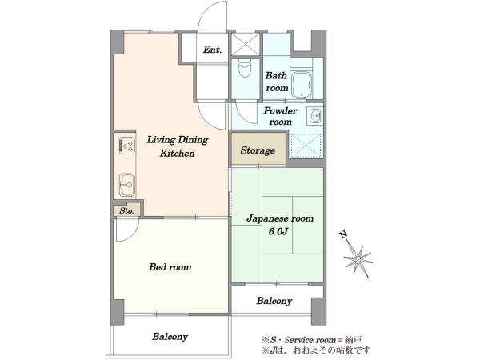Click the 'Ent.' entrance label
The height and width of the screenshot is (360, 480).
point(213,50)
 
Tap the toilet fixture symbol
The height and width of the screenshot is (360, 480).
point(245,70)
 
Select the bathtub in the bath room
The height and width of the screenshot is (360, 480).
point(301,85)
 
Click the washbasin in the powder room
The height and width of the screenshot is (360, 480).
point(314,116)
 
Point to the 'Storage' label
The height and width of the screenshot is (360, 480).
point(258,150)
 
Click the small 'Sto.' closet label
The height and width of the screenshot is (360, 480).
point(126,211)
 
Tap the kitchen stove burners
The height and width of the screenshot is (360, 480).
point(127,145)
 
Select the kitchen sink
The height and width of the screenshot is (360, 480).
point(127,185)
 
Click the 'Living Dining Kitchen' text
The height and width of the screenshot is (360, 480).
point(178,146)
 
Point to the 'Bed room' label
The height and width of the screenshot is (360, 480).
point(170,267)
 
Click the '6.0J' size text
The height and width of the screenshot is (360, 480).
point(278,231)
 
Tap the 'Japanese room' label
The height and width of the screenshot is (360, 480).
point(280,218)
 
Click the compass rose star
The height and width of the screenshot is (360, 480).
point(358,260)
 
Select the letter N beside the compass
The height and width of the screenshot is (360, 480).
point(343,234)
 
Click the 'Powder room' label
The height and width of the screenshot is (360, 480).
point(280,116)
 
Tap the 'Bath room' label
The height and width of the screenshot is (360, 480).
point(277,82)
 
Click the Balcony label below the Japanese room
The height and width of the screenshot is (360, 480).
point(274,301)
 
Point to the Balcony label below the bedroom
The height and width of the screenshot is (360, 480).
point(170,337)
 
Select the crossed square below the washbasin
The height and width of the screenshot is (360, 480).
point(305,146)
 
